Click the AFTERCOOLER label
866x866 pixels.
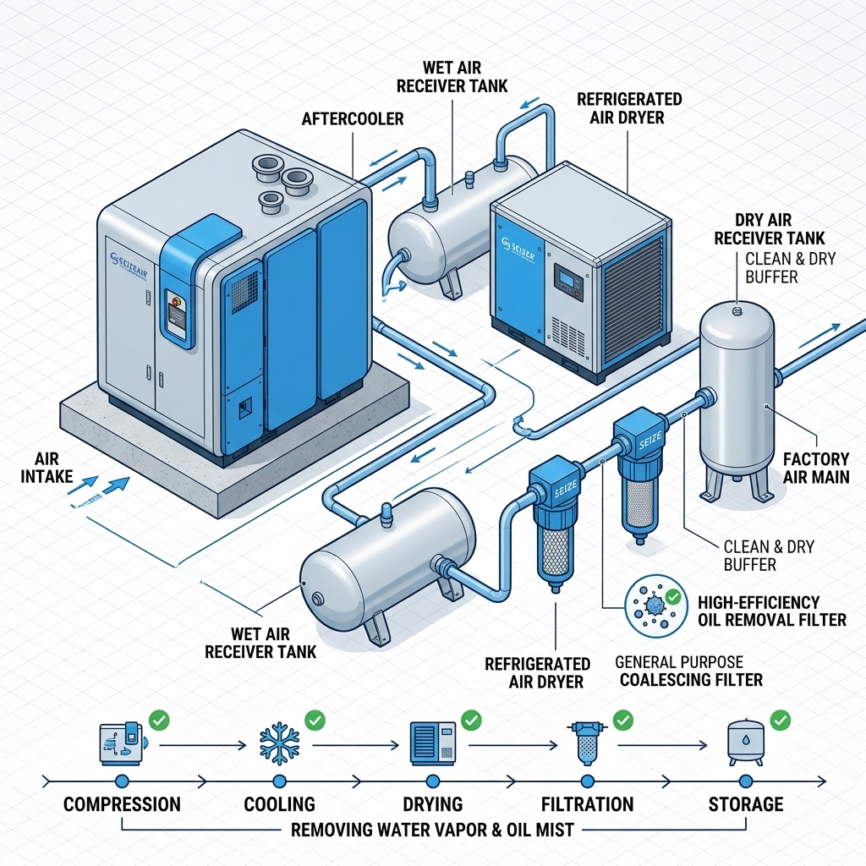[x=353, y=119]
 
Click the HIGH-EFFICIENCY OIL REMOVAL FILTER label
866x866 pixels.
[x=771, y=611]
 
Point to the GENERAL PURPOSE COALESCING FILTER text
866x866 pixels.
[x=688, y=671]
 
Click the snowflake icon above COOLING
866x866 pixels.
[x=279, y=743]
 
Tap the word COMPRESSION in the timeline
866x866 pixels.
[x=122, y=804]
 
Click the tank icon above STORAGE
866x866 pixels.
[x=745, y=743]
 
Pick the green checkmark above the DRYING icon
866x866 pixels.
[x=470, y=721]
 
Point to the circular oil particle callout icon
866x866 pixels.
[x=652, y=604]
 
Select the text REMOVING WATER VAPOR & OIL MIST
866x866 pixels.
[x=432, y=830]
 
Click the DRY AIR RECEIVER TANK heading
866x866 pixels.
[x=769, y=230]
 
